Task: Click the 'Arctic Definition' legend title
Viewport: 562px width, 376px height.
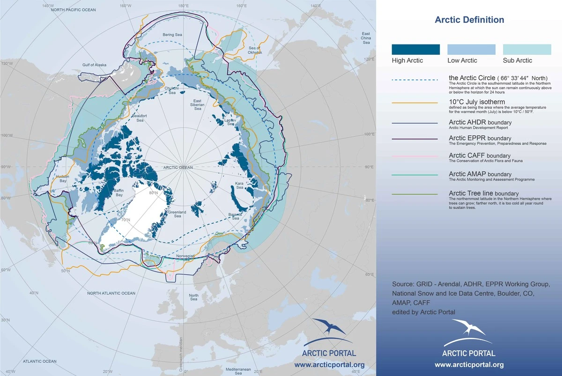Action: pos(469,20)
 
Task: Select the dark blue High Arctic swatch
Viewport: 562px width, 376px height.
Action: pos(415,50)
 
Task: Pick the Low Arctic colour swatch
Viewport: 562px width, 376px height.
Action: pos(471,50)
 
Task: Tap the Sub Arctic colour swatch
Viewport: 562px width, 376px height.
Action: pos(527,50)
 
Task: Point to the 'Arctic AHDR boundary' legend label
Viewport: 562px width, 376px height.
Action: pos(479,122)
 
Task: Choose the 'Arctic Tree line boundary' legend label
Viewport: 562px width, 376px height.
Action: pos(483,193)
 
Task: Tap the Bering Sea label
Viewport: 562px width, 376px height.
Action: pos(172,35)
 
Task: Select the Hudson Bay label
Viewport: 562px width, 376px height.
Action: pos(62,179)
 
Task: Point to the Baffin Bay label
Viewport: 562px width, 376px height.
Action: pos(119,192)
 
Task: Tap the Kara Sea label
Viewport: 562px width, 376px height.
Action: pos(239,186)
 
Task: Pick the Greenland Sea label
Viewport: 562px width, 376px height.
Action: pos(174,214)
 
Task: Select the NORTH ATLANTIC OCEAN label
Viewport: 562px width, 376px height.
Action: pos(111,293)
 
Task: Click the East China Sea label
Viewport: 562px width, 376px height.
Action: pos(366,38)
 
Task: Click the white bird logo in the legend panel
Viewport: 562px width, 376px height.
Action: pos(469,328)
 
